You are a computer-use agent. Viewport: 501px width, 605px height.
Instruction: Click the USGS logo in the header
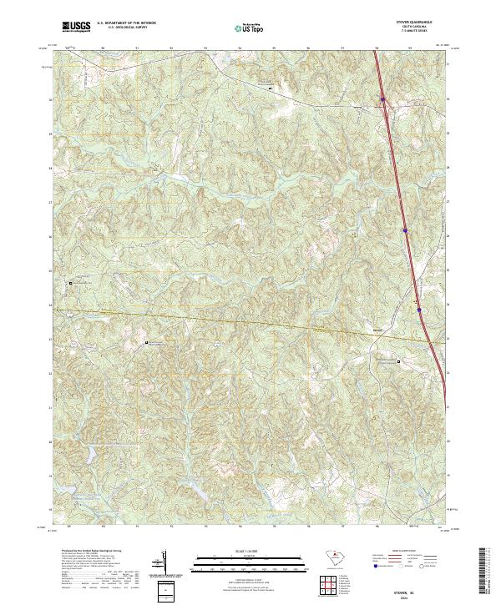pos(76,27)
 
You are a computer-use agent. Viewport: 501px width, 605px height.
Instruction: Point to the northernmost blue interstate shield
pos(382,100)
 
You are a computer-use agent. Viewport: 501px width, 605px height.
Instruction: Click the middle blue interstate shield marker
pos(405,229)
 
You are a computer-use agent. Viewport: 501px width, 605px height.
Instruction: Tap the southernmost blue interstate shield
pos(419,310)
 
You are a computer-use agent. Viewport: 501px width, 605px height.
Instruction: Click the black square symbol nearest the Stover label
pos(398,362)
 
